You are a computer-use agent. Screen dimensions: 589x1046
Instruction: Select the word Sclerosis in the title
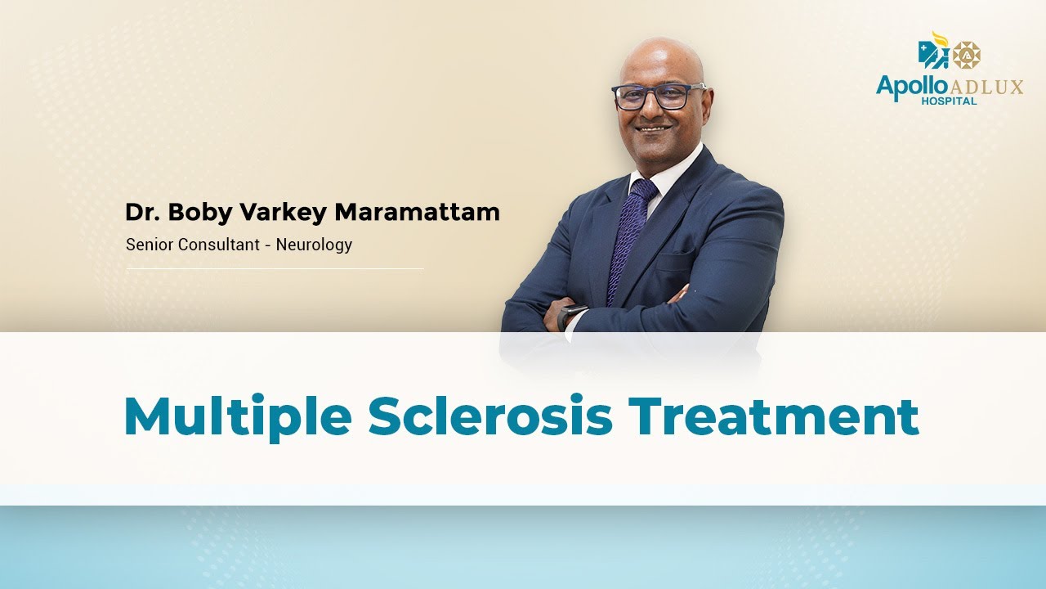click(490, 416)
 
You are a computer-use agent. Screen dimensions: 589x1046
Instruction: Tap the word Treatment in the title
click(774, 416)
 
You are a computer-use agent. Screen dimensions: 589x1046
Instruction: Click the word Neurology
click(314, 244)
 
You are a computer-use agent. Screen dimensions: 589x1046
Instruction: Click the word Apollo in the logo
click(909, 87)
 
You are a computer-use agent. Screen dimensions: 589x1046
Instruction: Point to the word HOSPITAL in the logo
click(949, 101)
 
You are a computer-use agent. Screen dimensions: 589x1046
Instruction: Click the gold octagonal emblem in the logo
click(967, 55)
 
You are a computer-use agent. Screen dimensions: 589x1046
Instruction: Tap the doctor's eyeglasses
click(658, 97)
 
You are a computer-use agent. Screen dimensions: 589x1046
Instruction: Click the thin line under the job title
click(275, 268)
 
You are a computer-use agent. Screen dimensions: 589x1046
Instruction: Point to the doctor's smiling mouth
click(655, 128)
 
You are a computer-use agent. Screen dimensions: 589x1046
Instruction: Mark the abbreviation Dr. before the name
click(140, 213)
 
